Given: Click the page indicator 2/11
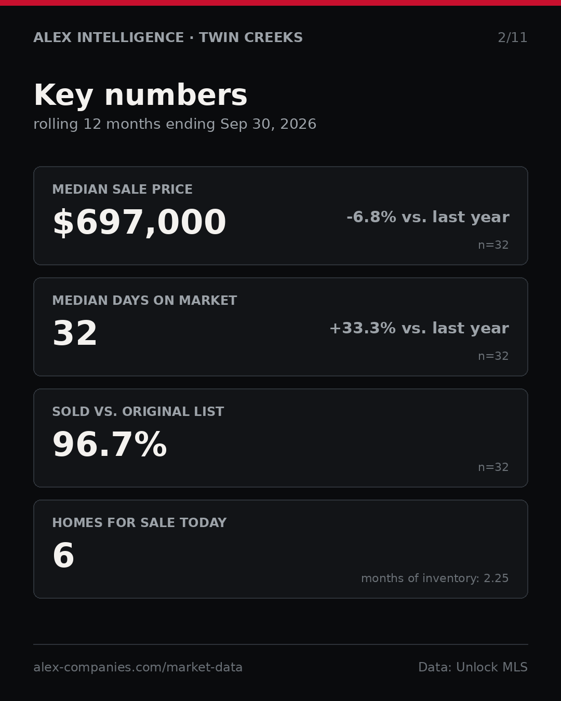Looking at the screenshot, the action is coord(512,38).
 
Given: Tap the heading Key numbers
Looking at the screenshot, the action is coord(140,95).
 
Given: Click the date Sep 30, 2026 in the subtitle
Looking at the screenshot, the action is coord(268,124).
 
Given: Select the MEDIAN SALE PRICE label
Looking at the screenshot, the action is coord(122,189).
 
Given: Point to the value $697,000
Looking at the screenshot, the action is coord(139,222).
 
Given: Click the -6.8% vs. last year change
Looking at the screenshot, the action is coord(428,217).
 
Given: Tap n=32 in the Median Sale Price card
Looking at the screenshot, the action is coord(493,245).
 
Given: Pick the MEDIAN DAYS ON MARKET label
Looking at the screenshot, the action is coord(144,300).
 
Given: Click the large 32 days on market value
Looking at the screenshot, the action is coord(75,333).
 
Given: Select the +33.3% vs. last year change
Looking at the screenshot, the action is coord(419,328).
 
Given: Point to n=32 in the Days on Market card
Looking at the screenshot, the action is coord(493,356).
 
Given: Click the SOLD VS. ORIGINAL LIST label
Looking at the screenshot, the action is coord(138,411).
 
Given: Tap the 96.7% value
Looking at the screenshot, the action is coord(110,444).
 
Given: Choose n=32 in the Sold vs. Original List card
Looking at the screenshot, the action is coord(493,467).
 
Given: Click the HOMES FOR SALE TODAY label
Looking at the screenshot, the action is coord(139,522).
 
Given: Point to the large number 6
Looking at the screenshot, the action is coord(63,556).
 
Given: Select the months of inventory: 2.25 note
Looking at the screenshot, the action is coord(435,578).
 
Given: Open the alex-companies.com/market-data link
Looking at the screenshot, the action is coord(138,667).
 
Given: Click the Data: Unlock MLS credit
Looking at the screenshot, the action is coord(473,667).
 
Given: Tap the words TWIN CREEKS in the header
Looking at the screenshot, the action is coord(251,37).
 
